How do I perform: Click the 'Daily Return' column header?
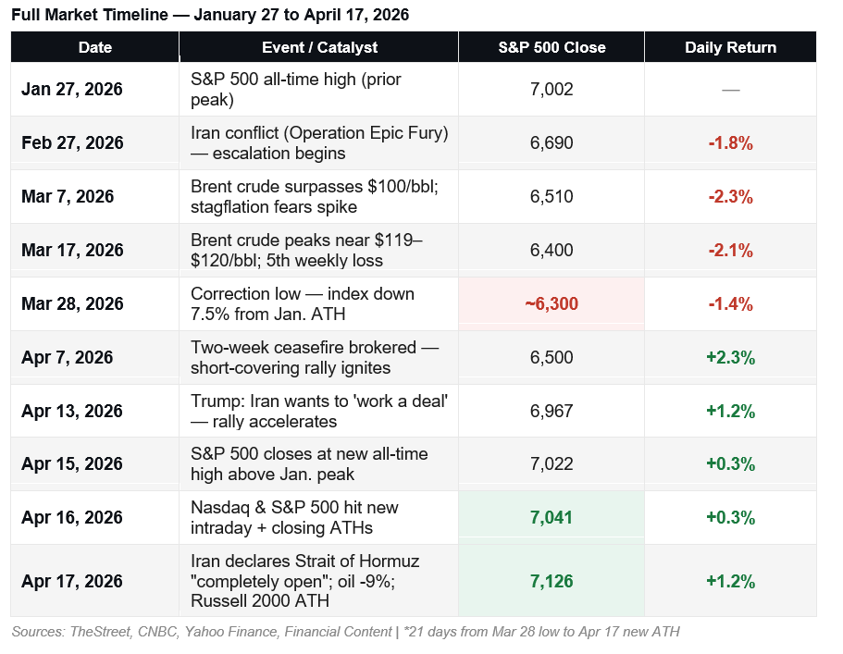coord(730,47)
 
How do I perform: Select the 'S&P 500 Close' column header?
coord(552,47)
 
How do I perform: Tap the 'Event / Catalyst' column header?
coord(320,47)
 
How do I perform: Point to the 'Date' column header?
coord(96,47)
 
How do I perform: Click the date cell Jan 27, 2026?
coord(72,90)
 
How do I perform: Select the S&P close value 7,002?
coord(552,90)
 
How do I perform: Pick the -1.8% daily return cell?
coord(730,143)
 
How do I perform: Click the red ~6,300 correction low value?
coord(552,304)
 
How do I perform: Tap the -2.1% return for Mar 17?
coord(730,251)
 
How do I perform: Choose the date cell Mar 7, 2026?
coord(68,197)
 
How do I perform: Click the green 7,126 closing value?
coord(552,582)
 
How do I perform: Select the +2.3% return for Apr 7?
coord(730,358)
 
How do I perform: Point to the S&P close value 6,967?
coord(552,412)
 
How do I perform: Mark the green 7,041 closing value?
coord(552,518)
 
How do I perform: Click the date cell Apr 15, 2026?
coord(72,464)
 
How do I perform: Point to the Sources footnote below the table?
coord(345,632)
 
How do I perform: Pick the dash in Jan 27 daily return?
coord(730,90)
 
